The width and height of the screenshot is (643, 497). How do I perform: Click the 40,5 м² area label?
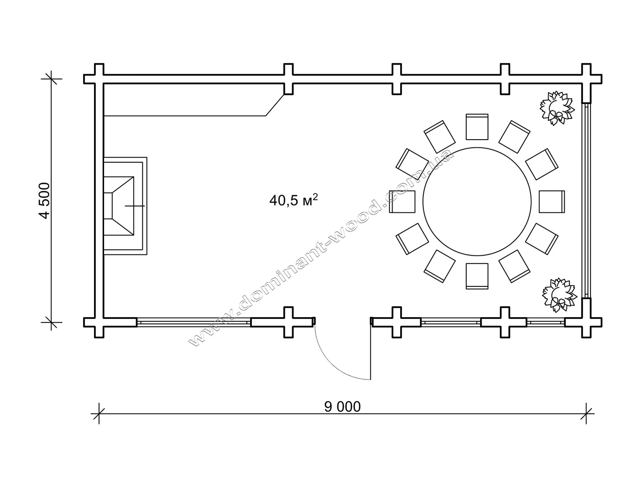pos(293,200)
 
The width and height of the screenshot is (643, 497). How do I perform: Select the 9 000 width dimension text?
pos(342,407)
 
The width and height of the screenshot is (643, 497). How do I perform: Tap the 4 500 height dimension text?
pos(45,201)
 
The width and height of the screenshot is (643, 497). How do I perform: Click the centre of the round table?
pos(477,202)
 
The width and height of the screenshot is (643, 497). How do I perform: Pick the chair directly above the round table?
pos(477,127)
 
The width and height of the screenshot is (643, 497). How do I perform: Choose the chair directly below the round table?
pos(477,276)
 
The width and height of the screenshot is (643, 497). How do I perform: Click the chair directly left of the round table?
pos(402,202)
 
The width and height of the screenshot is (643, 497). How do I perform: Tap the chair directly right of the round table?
pos(552,202)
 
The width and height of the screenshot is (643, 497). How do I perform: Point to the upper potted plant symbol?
pos(557,108)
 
